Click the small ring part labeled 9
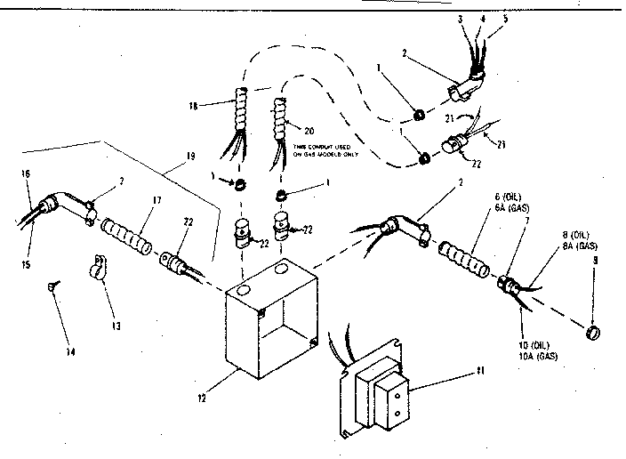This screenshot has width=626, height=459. click(x=591, y=333)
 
